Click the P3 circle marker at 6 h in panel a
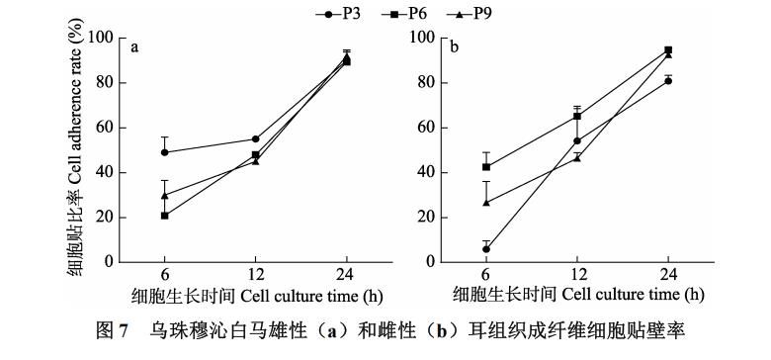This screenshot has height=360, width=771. pyautogui.click(x=164, y=152)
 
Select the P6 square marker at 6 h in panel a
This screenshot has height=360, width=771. pyautogui.click(x=164, y=216)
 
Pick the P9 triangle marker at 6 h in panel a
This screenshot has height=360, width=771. pyautogui.click(x=164, y=195)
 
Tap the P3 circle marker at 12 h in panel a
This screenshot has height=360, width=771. pyautogui.click(x=255, y=139)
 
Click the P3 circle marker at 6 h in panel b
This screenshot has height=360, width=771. pyautogui.click(x=486, y=249)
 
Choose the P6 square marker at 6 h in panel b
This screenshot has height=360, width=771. pyautogui.click(x=486, y=167)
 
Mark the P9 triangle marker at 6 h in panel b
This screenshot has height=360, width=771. pyautogui.click(x=486, y=203)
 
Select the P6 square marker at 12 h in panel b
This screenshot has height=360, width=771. pyautogui.click(x=577, y=117)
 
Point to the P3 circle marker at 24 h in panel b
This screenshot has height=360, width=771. pyautogui.click(x=668, y=80)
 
